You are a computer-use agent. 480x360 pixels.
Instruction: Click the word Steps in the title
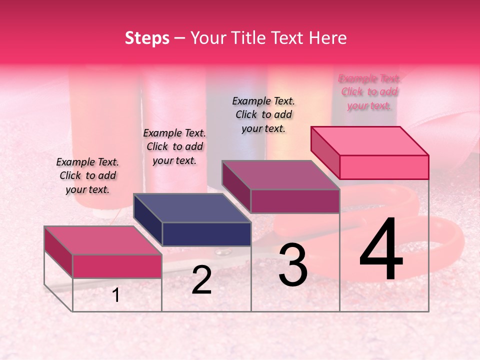pos(147,38)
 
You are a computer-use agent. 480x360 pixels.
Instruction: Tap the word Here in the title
pos(327,38)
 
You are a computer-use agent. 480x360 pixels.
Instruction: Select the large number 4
pos(381,250)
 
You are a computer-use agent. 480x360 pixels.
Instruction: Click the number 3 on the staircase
pos(293,265)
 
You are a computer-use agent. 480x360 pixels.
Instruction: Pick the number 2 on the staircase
pos(201,280)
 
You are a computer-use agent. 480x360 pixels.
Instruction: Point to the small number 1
pos(116,295)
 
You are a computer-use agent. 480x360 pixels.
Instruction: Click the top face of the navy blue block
pos(192,208)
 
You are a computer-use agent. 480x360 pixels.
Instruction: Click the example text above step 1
pos(87,175)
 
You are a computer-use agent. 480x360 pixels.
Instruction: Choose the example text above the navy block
pos(174,146)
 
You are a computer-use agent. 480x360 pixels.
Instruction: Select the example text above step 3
pos(263,114)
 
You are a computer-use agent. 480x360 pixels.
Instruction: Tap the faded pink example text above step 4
pos(369,92)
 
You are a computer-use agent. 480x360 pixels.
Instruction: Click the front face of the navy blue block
pos(206,234)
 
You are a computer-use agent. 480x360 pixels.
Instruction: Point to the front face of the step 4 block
pos(384,167)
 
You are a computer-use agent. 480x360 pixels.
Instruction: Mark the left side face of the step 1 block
pos(58,251)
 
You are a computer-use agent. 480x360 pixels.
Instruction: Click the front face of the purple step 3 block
pos(295,201)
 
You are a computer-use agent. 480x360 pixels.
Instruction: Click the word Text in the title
pos(289,38)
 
